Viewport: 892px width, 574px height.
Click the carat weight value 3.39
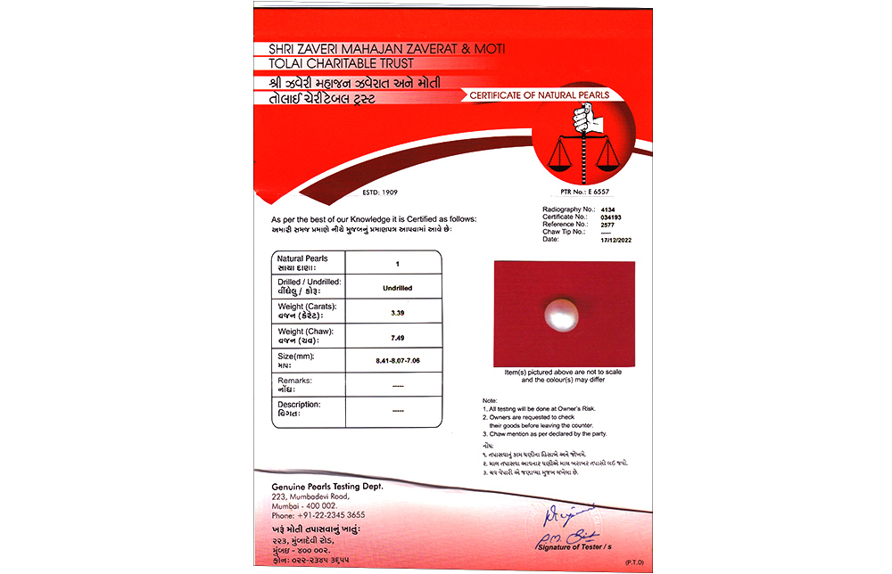(397, 313)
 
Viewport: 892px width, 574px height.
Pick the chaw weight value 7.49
(397, 338)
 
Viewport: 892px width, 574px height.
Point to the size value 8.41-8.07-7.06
(397, 362)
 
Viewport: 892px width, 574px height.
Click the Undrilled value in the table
(397, 289)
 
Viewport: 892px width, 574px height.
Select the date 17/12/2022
(616, 239)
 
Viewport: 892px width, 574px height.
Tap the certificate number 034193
(611, 217)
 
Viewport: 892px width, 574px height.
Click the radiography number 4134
(607, 209)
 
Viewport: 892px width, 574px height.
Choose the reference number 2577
(607, 224)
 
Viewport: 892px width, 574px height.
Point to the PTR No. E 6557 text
(585, 192)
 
